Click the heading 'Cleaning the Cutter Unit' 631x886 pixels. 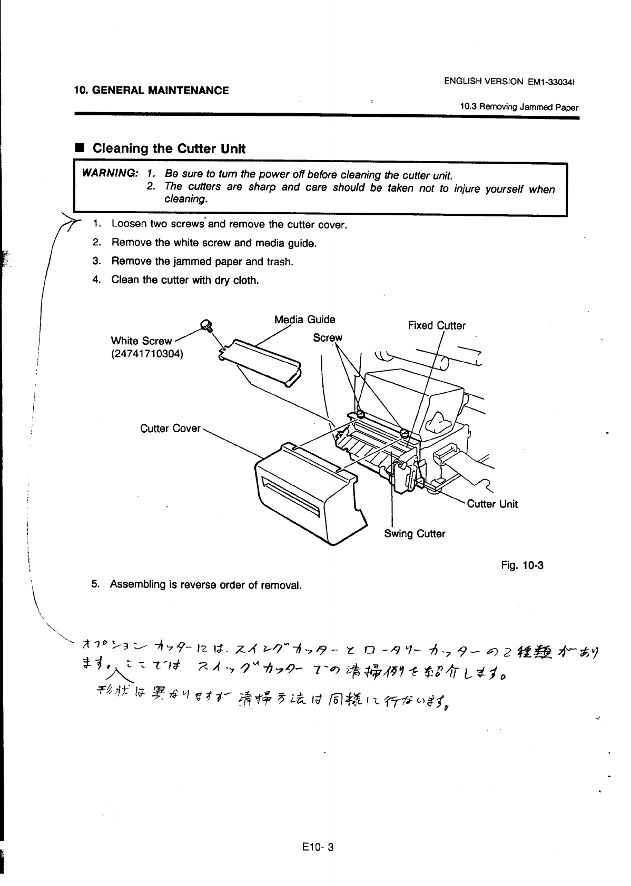click(x=169, y=148)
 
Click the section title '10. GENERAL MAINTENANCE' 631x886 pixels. click(x=151, y=91)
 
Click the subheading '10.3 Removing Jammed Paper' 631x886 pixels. click(x=518, y=107)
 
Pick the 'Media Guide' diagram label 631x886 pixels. click(x=304, y=320)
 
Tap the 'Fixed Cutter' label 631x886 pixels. click(x=437, y=326)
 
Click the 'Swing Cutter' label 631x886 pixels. click(x=415, y=534)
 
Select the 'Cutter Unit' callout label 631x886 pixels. click(x=492, y=504)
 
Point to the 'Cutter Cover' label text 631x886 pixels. click(x=170, y=429)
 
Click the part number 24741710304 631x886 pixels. click(x=147, y=354)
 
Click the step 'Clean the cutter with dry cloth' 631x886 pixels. click(x=184, y=280)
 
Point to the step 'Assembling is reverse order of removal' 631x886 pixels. click(x=205, y=585)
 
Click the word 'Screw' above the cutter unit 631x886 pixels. click(x=328, y=337)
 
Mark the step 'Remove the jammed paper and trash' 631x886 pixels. click(x=202, y=262)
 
